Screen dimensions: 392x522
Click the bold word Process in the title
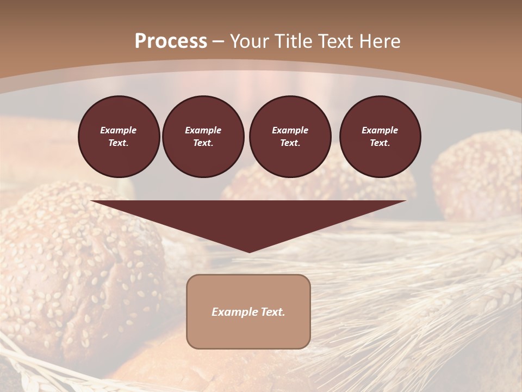(171, 41)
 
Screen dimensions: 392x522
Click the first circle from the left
(119, 136)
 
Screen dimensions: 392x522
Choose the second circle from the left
(203, 136)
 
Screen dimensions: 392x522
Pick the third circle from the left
(290, 136)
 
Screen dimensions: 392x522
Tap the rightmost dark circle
(380, 136)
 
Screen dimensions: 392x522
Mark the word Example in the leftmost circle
(119, 130)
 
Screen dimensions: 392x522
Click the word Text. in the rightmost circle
(380, 143)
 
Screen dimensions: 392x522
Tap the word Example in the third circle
(290, 130)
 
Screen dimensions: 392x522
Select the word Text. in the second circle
(203, 143)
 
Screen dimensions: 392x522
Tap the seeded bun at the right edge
(478, 174)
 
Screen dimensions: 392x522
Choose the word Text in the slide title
(337, 41)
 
